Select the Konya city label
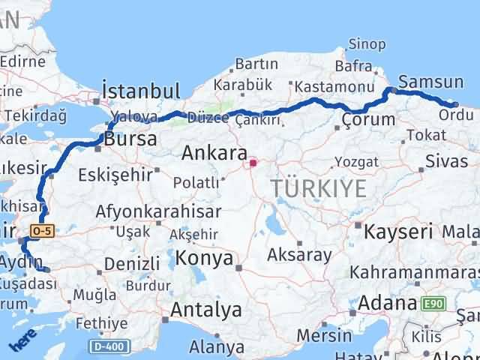click(204, 259)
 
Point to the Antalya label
click(206, 309)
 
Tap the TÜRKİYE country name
click(319, 188)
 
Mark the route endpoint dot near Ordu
click(455, 105)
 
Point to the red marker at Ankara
click(253, 161)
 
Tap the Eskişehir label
click(115, 175)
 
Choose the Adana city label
click(387, 304)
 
